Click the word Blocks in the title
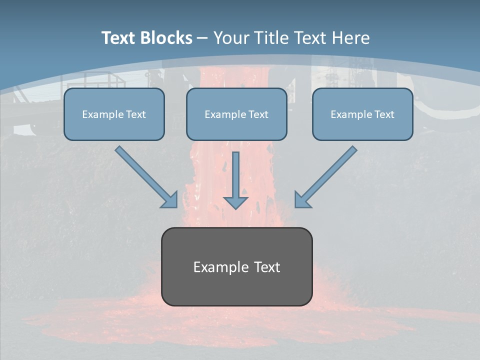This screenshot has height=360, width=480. coord(166,38)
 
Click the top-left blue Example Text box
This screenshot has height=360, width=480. coord(114,114)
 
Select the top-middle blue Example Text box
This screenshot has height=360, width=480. coord(236,114)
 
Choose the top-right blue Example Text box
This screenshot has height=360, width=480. coord(362,114)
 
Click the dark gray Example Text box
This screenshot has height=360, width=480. coord(236,266)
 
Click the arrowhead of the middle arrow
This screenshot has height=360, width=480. coord(235,202)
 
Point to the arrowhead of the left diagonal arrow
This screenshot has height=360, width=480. coord(170,200)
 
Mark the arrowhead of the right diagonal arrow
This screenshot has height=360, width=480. coord(302,200)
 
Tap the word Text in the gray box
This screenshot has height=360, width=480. coord(267,267)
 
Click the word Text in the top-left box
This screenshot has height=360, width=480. coord(135,114)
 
